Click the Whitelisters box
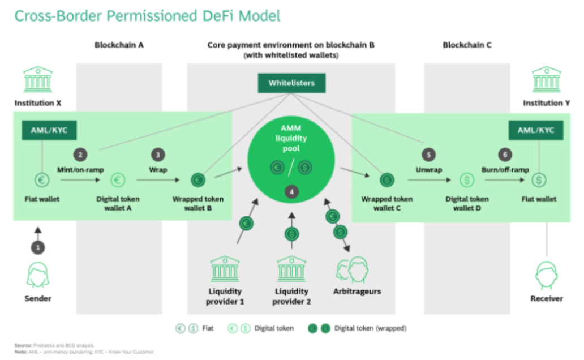click(x=291, y=83)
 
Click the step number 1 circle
click(x=38, y=247)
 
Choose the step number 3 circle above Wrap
click(x=157, y=155)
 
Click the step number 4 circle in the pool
click(x=291, y=192)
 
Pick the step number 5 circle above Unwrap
click(x=429, y=155)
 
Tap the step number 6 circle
click(x=505, y=155)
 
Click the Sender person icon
click(x=38, y=275)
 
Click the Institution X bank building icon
click(x=38, y=79)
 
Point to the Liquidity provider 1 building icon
click(x=225, y=269)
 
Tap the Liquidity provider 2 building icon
click(x=291, y=269)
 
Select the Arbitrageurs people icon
click(x=352, y=270)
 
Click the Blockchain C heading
click(x=467, y=44)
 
